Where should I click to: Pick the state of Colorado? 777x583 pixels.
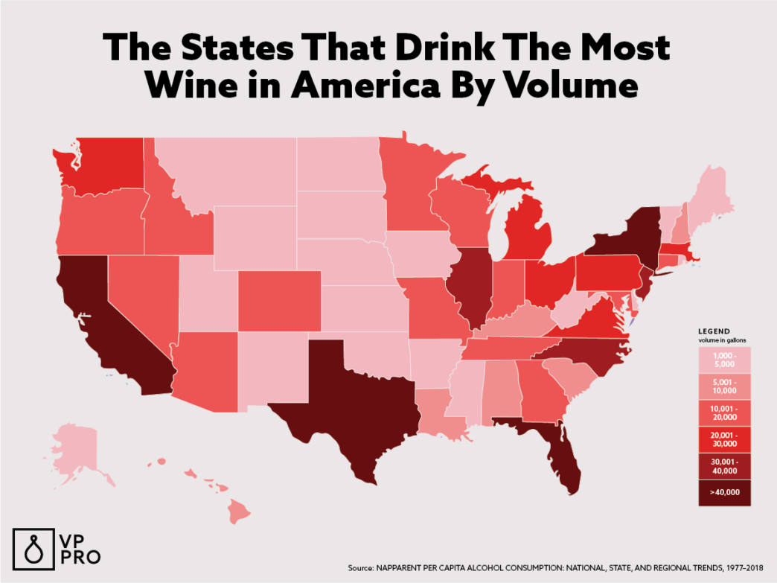[x=280, y=300]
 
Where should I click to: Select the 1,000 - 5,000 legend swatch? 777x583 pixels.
[x=724, y=360]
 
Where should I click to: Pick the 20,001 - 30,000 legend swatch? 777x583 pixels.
[x=724, y=439]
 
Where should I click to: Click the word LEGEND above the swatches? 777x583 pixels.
[x=713, y=331]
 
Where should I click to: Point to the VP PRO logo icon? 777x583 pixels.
[x=30, y=548]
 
